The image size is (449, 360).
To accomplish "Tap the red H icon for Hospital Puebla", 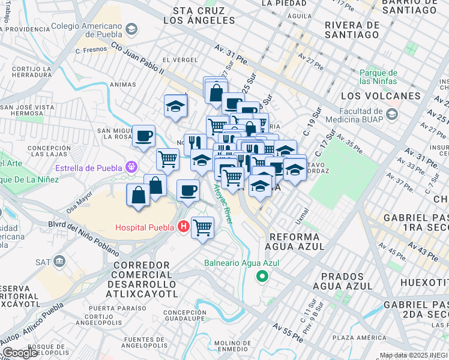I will (x=184, y=227).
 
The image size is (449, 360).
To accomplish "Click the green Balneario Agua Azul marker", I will (x=262, y=276).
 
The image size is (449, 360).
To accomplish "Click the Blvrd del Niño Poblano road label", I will (x=79, y=236).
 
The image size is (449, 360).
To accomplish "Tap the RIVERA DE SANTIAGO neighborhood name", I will (x=352, y=30).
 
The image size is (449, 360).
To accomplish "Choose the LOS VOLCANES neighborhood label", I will (x=381, y=96).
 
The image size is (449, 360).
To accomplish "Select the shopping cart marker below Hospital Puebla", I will (x=202, y=227).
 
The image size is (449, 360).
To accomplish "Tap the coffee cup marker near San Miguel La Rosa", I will (x=143, y=136).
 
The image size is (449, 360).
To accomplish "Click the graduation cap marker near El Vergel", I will (x=176, y=106).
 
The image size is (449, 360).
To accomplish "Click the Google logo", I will (x=20, y=353).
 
